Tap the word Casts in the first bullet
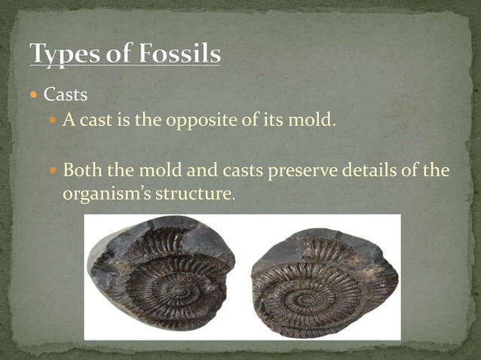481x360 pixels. coord(66,96)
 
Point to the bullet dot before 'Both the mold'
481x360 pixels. coord(52,171)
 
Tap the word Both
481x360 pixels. coord(81,170)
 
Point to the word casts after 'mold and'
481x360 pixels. coord(245,170)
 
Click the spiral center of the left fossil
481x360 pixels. coord(173,290)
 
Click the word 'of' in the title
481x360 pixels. coord(114,53)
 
